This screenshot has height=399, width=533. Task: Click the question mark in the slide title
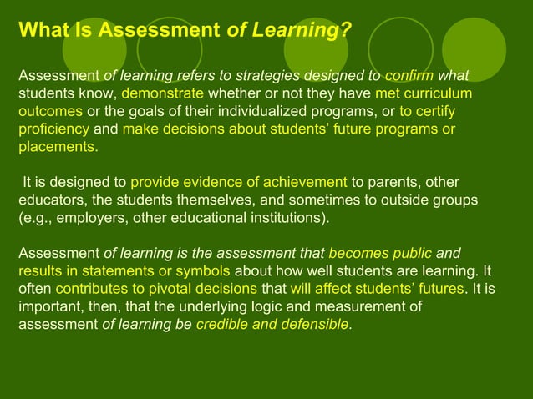(344, 32)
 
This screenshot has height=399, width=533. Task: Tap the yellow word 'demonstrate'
(162, 94)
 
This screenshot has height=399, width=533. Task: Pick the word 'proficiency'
(53, 130)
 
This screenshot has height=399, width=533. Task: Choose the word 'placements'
(56, 148)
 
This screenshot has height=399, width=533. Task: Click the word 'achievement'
(304, 183)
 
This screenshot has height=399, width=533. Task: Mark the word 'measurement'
(369, 307)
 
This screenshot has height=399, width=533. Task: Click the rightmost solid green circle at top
(474, 43)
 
